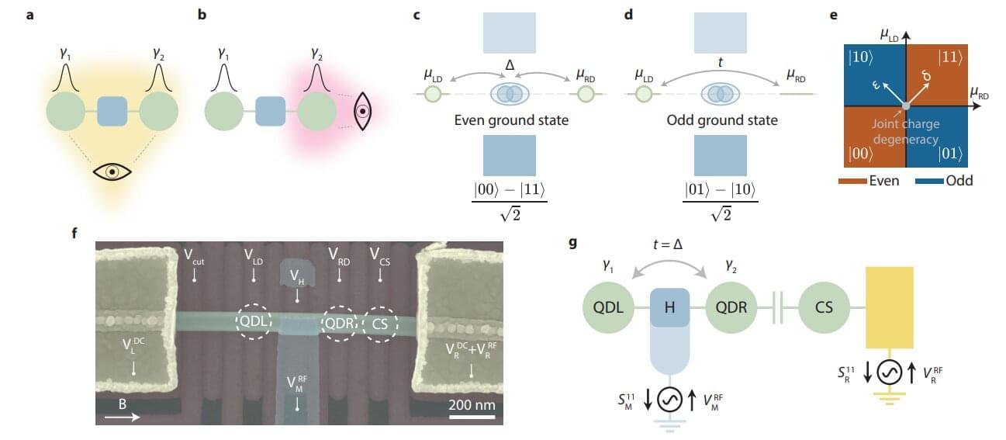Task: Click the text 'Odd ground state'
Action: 722,121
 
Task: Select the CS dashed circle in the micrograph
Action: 379,321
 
